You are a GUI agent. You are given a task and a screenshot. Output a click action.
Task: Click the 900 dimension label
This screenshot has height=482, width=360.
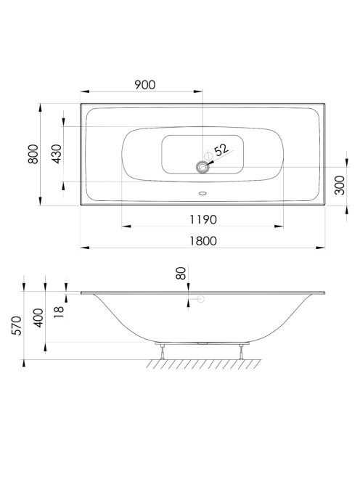pyautogui.click(x=145, y=85)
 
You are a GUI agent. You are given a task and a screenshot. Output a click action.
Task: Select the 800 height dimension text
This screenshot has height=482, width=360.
pyautogui.click(x=33, y=154)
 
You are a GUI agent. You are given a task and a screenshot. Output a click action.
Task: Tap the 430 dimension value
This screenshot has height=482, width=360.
pyautogui.click(x=57, y=154)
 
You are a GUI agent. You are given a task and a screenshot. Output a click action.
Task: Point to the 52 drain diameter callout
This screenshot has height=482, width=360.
pyautogui.click(x=221, y=150)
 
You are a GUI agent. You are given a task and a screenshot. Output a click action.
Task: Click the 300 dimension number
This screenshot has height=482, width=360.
pyautogui.click(x=340, y=185)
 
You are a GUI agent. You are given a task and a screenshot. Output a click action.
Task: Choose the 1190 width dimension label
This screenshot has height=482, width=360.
pyautogui.click(x=203, y=220)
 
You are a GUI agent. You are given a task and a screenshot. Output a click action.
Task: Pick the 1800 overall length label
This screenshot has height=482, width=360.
pyautogui.click(x=203, y=241)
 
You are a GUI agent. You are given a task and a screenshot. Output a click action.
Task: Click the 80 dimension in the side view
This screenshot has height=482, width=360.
pyautogui.click(x=181, y=273)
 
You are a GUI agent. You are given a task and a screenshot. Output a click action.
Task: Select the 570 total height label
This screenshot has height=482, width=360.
pyautogui.click(x=17, y=325)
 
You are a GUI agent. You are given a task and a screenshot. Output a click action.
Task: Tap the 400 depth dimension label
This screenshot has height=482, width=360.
pyautogui.click(x=38, y=318)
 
